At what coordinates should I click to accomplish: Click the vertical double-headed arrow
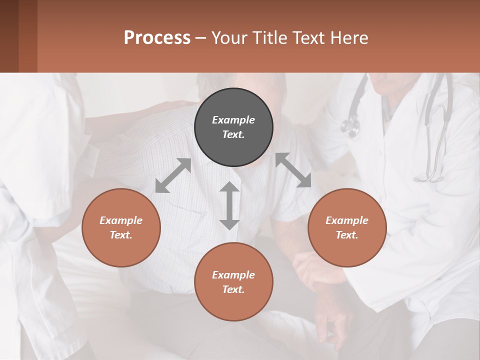(x=229, y=205)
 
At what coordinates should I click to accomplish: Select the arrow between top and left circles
(x=173, y=175)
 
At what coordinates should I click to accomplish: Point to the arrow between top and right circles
(x=293, y=170)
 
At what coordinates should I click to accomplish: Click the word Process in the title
(x=157, y=38)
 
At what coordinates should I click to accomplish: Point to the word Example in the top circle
(x=233, y=120)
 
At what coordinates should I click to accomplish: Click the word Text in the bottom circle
(x=233, y=289)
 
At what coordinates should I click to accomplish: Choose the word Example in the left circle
(x=121, y=220)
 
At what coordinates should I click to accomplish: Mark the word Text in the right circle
(x=346, y=235)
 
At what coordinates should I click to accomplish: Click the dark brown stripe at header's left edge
(x=9, y=36)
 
